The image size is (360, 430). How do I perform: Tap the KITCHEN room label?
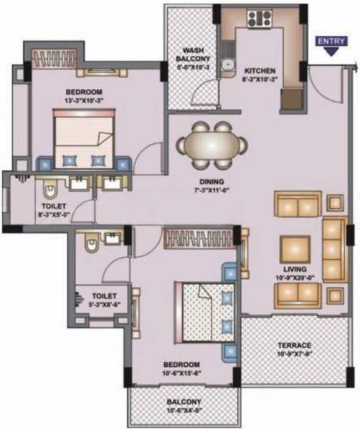[x=259, y=72]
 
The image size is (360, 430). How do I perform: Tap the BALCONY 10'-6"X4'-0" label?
[x=185, y=406]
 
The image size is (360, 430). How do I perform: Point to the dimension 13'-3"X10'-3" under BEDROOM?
[x=85, y=101]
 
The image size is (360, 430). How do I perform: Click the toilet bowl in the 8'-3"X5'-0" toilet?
[x=50, y=190]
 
